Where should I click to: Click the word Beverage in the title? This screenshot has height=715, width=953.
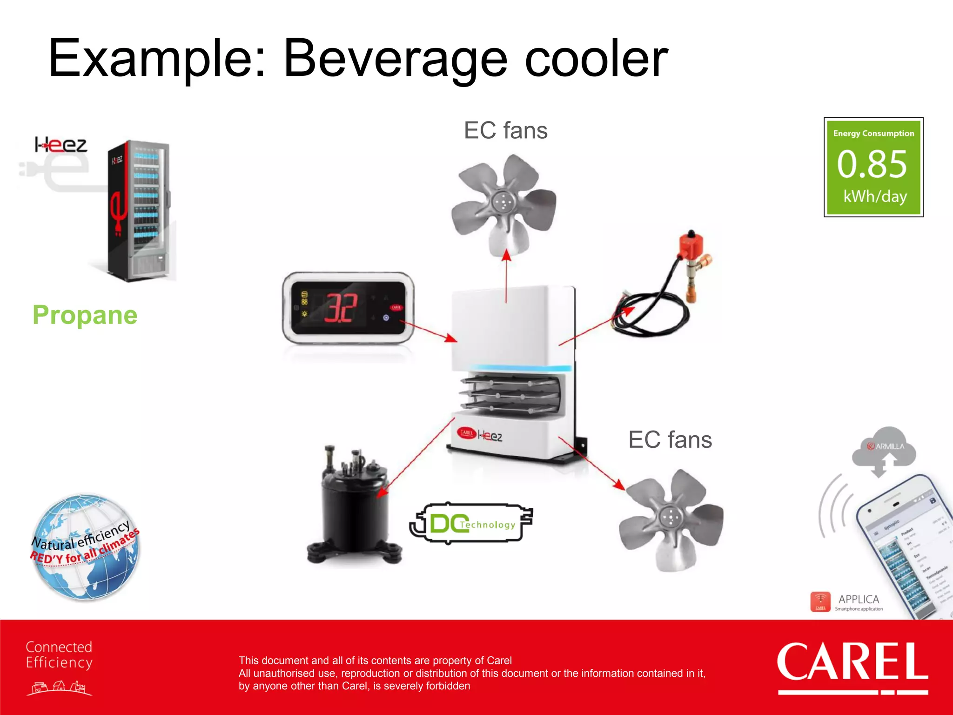(396, 60)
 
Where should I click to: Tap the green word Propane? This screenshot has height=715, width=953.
(85, 315)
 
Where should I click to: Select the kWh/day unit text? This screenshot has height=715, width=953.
(875, 196)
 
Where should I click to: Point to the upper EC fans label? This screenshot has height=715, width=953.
(506, 130)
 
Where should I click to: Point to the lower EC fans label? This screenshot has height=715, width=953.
(670, 439)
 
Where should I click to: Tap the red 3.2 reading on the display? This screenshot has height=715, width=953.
(341, 308)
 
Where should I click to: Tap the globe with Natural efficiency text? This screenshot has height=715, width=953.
(85, 547)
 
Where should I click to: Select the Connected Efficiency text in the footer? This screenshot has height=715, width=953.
(59, 654)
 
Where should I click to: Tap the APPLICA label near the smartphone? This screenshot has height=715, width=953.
(859, 599)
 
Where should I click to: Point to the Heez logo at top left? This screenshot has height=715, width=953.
(60, 145)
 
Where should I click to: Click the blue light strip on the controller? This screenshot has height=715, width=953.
(519, 368)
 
